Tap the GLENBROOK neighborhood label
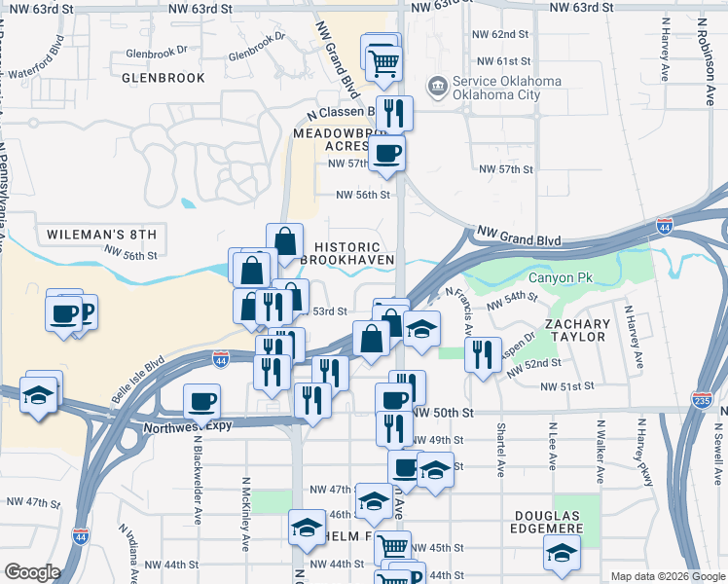tap(164, 77)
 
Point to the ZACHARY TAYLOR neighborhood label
tap(577, 330)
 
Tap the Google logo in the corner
tap(33, 573)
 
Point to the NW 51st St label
tap(567, 386)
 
